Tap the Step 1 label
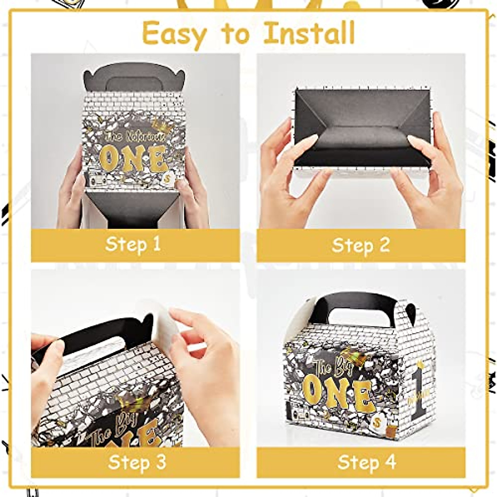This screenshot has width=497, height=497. click(x=133, y=244)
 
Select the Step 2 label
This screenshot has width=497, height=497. click(x=361, y=245)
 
